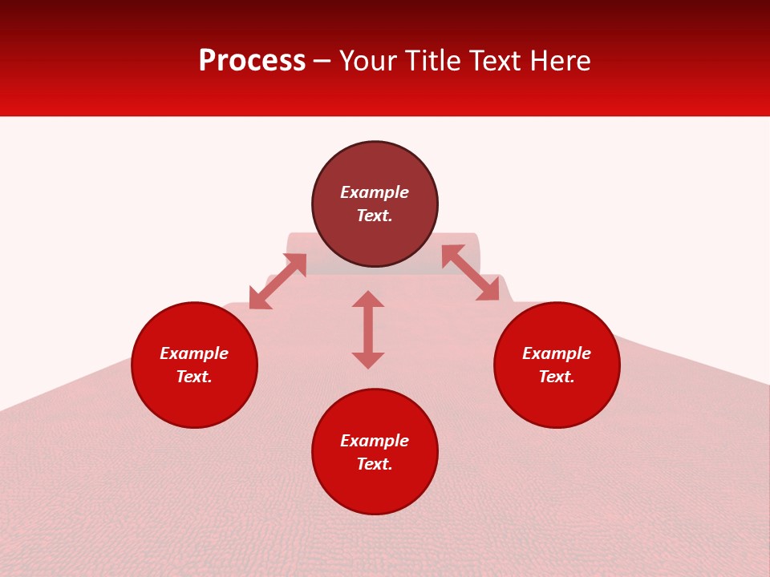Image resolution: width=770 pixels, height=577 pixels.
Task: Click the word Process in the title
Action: (x=252, y=61)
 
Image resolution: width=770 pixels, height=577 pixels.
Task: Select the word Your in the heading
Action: (x=371, y=61)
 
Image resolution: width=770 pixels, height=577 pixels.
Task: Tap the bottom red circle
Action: (x=375, y=489)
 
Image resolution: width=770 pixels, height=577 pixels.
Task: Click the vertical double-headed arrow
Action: (x=368, y=330)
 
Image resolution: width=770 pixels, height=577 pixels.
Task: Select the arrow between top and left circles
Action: (x=278, y=281)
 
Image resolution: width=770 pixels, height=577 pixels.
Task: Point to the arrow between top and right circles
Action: (x=470, y=272)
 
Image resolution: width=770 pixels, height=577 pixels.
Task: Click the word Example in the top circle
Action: (x=375, y=192)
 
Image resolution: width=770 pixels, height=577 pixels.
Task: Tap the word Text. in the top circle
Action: (x=375, y=216)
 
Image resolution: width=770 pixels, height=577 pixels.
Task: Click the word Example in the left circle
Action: (x=194, y=353)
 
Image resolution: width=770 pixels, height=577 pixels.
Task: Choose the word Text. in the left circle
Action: (x=194, y=377)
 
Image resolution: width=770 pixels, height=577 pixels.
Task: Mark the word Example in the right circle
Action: (x=557, y=353)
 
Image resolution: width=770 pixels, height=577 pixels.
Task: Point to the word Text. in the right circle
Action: (x=557, y=377)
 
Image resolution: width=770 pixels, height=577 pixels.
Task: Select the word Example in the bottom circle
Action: (x=375, y=441)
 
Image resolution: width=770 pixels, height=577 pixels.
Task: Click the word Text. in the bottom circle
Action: (x=375, y=464)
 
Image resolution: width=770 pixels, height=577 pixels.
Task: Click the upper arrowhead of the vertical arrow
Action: (x=368, y=300)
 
